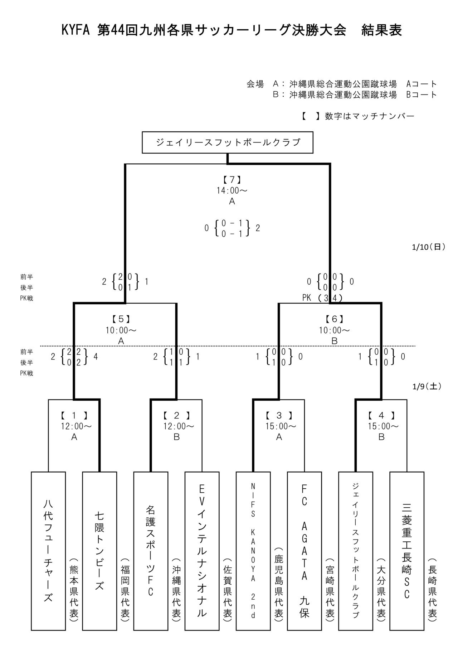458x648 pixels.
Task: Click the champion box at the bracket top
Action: [228, 142]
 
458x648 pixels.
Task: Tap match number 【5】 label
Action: [121, 319]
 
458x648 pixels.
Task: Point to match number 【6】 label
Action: [335, 319]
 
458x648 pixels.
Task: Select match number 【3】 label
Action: [279, 416]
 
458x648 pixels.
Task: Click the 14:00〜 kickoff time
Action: [232, 190]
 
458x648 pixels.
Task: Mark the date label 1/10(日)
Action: [429, 247]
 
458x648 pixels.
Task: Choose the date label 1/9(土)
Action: [427, 386]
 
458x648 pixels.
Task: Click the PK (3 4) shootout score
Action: [322, 298]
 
